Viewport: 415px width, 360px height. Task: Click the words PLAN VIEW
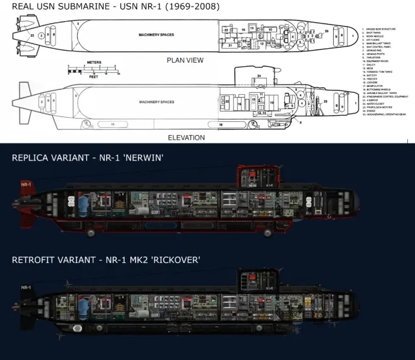[x=185, y=60]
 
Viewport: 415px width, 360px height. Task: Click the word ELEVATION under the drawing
[x=187, y=137]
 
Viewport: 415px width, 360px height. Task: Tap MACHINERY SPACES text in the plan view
[x=156, y=35]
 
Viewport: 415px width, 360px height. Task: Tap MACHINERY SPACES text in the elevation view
[x=156, y=102]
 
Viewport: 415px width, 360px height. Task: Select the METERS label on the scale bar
[x=93, y=63]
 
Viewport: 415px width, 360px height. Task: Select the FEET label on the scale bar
[x=93, y=77]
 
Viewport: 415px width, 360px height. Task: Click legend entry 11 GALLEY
[x=372, y=65]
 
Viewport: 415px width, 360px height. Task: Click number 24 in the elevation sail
[x=259, y=75]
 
